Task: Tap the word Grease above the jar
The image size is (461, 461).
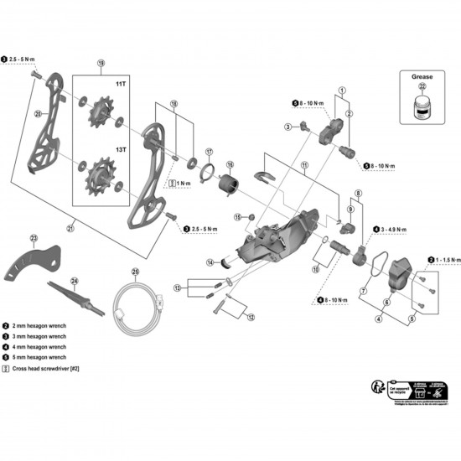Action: (x=422, y=75)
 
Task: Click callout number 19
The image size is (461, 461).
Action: (x=101, y=64)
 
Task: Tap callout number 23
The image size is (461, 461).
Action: (x=34, y=238)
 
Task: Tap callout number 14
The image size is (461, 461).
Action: (x=211, y=262)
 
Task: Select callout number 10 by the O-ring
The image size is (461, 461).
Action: (x=315, y=269)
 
